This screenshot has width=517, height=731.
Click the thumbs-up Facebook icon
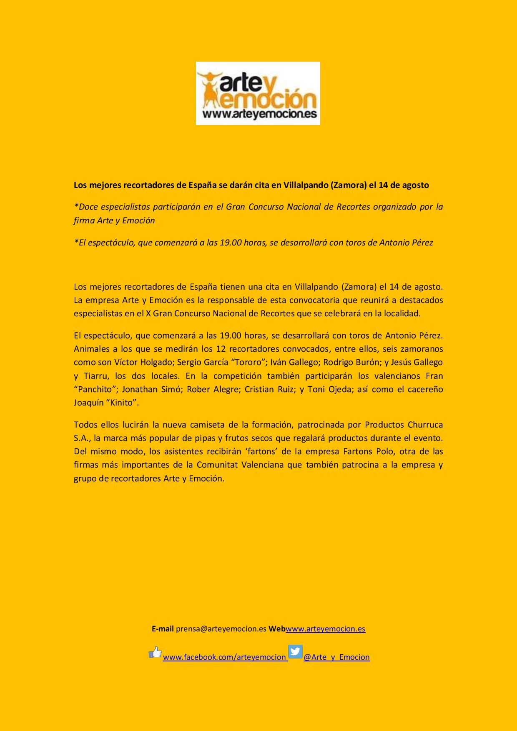coord(155,652)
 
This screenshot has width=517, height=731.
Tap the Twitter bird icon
coord(295,651)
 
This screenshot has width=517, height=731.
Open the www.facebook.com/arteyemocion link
coord(224,657)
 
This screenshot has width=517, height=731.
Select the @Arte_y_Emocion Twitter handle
coord(336,657)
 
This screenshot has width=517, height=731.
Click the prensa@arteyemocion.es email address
coord(221,629)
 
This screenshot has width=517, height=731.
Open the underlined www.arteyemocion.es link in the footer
coord(325,629)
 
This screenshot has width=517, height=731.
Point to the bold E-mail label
coord(163,629)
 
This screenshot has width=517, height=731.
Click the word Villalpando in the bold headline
coord(306,185)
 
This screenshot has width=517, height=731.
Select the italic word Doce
coord(88,207)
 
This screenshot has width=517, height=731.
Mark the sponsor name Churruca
coord(424,425)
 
